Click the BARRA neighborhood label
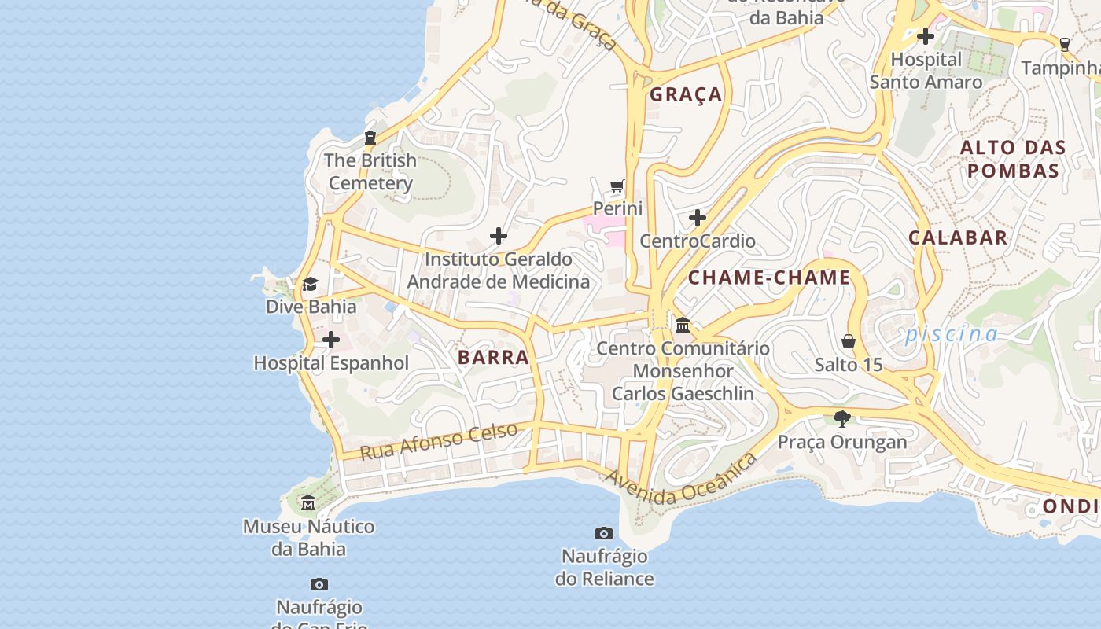pos(493,357)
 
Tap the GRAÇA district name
pos(686,94)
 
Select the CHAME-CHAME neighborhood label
pos(769,278)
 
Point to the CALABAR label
pos(957,237)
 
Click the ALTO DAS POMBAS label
pos(1013,159)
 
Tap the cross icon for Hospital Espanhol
pos(331,340)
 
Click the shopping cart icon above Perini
pos(617,186)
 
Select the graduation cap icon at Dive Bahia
pos(311,284)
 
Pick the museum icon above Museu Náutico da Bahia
pos(308,502)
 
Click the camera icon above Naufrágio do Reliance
pos(604,534)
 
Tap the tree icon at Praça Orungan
pos(842,418)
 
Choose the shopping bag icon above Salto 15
pos(849,341)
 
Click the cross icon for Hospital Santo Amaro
pos(926,36)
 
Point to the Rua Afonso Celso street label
pos(439,441)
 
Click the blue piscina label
pos(951,334)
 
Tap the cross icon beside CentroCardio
pos(698,218)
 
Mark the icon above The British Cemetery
pos(370,138)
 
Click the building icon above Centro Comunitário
pos(683,325)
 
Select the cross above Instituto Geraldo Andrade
pos(499,236)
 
